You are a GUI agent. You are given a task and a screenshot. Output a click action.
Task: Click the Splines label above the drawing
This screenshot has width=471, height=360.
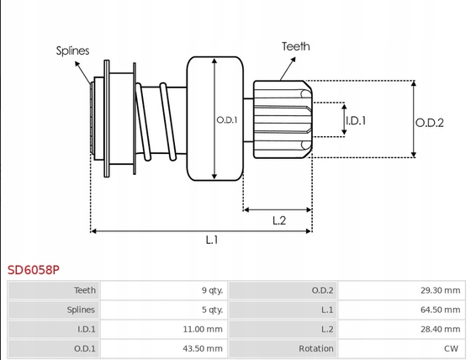click(x=72, y=50)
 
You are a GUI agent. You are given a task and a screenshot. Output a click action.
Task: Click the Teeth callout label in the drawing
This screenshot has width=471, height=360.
click(x=295, y=46)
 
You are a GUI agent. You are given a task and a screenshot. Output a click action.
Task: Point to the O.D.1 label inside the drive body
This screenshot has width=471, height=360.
click(x=227, y=120)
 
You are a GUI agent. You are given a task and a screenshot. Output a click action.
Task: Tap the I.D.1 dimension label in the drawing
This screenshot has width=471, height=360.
click(x=356, y=120)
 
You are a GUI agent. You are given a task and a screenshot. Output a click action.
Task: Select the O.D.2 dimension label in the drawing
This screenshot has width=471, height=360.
click(x=429, y=123)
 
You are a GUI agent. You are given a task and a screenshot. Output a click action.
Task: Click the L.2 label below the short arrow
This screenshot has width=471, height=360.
click(x=279, y=220)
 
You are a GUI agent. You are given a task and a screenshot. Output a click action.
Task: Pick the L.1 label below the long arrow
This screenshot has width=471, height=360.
click(x=212, y=240)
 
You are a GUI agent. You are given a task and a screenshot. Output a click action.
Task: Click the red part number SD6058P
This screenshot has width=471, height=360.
click(x=34, y=270)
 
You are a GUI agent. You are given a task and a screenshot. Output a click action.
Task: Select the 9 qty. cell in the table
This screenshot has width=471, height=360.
click(x=212, y=290)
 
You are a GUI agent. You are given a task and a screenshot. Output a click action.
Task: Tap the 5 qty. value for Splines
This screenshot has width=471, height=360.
click(x=212, y=310)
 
